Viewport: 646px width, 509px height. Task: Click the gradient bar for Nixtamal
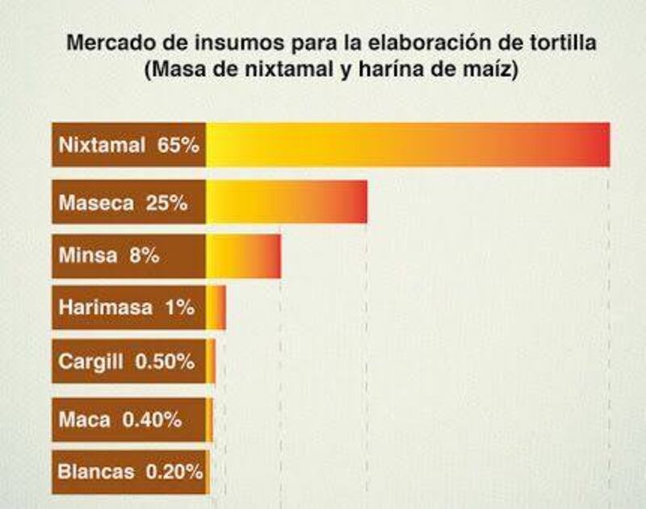click(408, 144)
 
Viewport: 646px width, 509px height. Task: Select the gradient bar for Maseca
click(287, 202)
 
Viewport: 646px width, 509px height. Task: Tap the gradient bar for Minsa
click(243, 257)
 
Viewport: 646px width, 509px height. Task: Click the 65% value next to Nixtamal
click(178, 146)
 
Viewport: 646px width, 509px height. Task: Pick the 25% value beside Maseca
click(167, 203)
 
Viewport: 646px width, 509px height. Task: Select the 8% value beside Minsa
click(144, 257)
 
